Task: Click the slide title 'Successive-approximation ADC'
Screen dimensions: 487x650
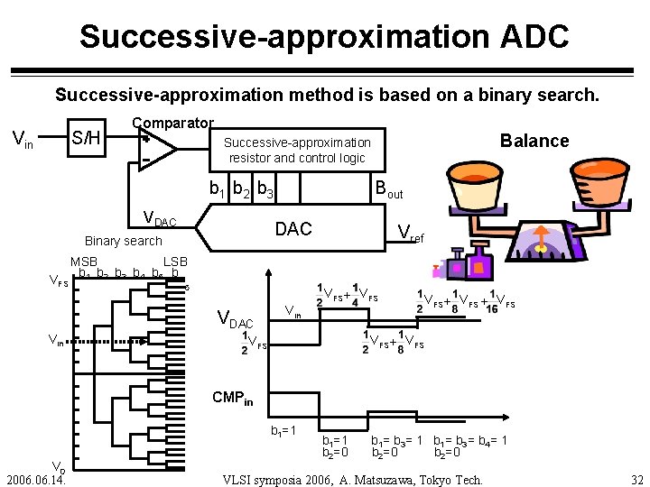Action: tap(324, 36)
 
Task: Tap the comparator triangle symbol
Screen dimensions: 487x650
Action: tap(153, 149)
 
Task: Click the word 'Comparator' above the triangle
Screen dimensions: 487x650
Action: tap(172, 123)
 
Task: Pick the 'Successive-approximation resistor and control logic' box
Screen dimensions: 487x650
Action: tap(297, 150)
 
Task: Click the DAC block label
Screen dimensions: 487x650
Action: tap(292, 229)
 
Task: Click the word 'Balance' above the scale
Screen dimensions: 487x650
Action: tap(534, 140)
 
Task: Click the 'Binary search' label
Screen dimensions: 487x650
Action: tap(123, 241)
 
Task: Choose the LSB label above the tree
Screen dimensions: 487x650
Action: tap(174, 262)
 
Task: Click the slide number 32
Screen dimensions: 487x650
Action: tap(636, 480)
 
